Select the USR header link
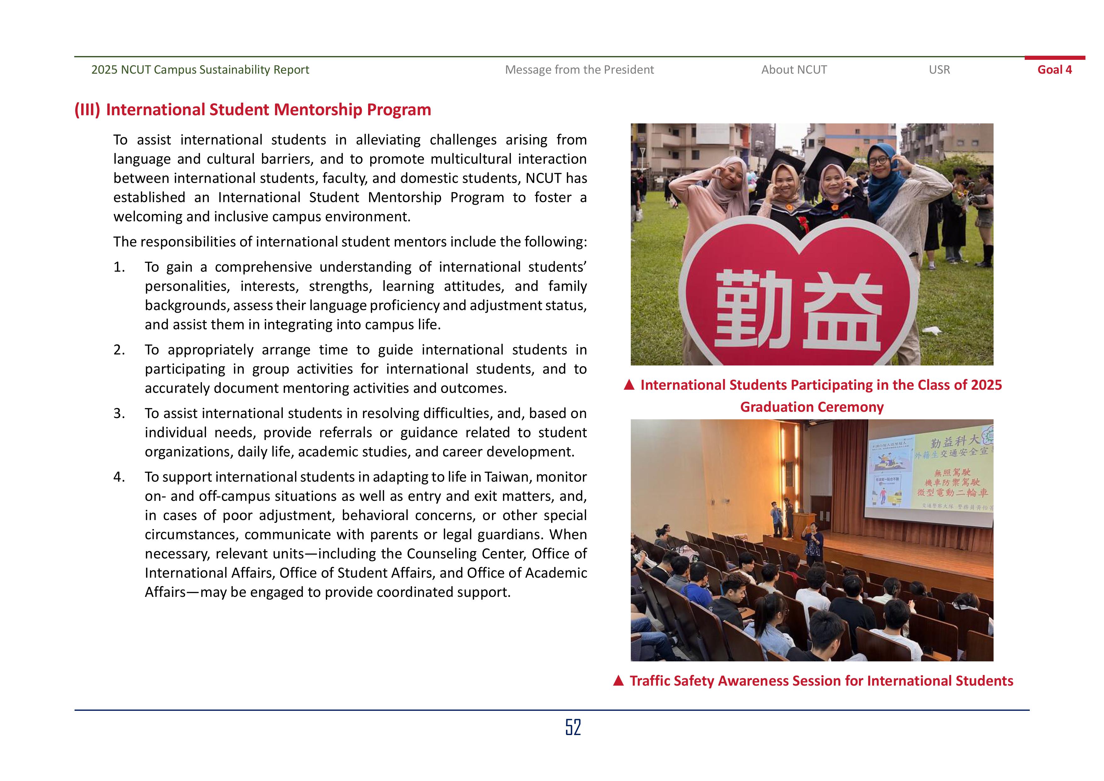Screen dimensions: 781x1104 coord(939,70)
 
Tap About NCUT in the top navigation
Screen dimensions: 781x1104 coord(794,70)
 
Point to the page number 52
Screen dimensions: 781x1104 coord(573,727)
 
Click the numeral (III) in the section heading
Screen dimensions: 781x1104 coord(87,110)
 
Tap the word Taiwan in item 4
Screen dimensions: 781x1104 coord(507,477)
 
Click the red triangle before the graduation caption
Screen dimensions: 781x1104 coord(629,385)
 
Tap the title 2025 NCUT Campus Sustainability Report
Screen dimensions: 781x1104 coord(200,70)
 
